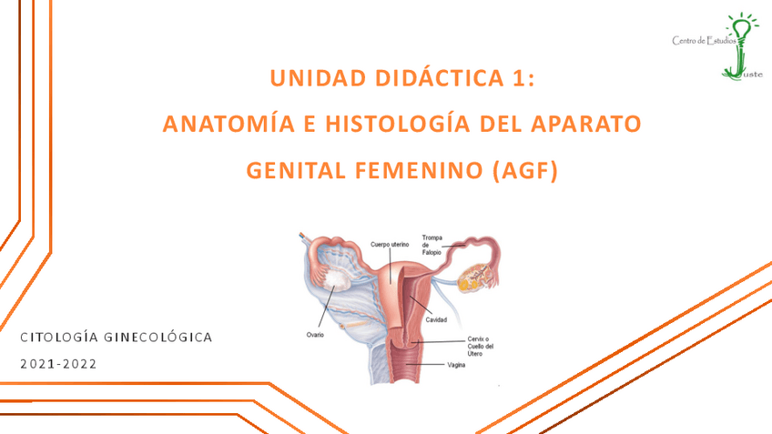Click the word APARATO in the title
pyautogui.click(x=584, y=124)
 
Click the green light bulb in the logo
pyautogui.click(x=746, y=29)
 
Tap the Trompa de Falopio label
pyautogui.click(x=432, y=245)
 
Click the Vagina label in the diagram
pyautogui.click(x=457, y=365)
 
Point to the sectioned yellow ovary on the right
pyautogui.click(x=476, y=276)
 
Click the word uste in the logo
pyautogui.click(x=752, y=76)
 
